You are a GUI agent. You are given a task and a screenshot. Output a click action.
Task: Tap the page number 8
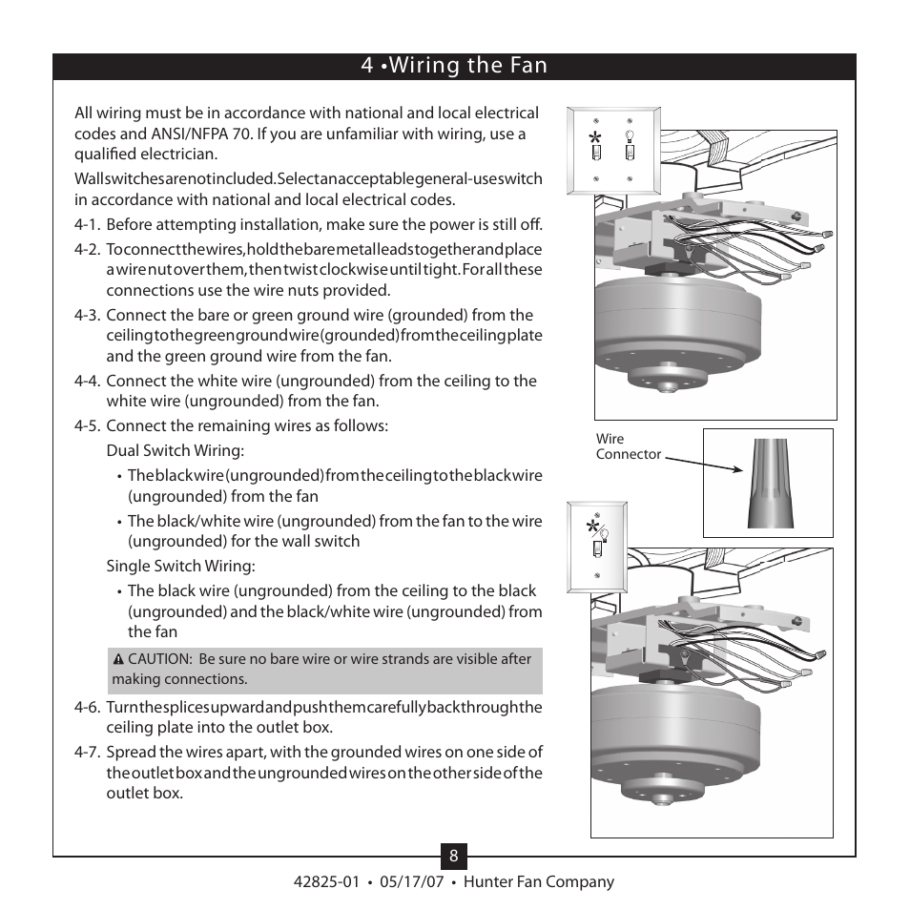(x=454, y=857)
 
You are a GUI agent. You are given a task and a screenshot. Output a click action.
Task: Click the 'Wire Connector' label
(x=628, y=446)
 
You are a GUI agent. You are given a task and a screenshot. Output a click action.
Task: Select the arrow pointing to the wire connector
(x=704, y=463)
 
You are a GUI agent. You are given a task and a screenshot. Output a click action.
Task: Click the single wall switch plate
(x=598, y=545)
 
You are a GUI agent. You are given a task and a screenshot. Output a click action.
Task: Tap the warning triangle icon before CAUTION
(x=118, y=659)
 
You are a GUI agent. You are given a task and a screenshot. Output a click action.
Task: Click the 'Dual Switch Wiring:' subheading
(x=175, y=450)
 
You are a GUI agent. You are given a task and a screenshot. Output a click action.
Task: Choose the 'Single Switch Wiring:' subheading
(x=180, y=567)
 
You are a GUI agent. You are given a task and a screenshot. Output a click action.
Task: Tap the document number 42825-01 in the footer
(x=327, y=882)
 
